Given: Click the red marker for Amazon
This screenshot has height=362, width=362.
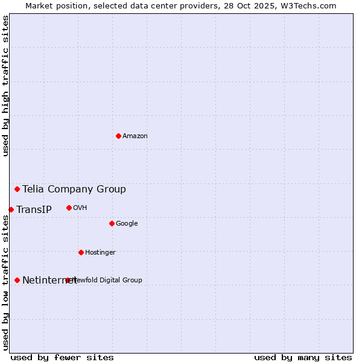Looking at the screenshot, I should [118, 136].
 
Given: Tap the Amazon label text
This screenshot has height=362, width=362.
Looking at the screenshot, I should [135, 136].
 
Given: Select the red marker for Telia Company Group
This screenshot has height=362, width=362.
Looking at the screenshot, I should [17, 189].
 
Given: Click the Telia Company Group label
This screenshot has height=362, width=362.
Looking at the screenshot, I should [74, 189].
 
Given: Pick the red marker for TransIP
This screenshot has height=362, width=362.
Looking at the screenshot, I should [11, 209].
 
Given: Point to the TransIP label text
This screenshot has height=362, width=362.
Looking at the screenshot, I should [34, 210].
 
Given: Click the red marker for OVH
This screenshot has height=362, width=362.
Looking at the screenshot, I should [69, 208].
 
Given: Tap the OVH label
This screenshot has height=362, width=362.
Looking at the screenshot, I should [80, 208].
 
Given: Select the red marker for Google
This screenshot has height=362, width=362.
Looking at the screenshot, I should [112, 223].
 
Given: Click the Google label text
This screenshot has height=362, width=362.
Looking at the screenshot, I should [127, 224].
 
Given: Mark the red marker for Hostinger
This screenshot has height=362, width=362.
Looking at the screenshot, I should [81, 252].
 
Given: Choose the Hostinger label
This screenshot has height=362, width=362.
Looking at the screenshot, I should [100, 253].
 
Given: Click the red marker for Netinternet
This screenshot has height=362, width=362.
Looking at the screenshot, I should [17, 280].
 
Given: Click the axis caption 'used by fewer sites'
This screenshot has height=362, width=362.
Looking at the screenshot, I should [62, 357].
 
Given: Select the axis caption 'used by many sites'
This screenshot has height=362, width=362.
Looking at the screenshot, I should [303, 357].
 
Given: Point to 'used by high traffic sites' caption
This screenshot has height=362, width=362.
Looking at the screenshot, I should [5, 86].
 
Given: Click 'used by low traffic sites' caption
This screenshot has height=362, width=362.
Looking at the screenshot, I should [5, 282].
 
